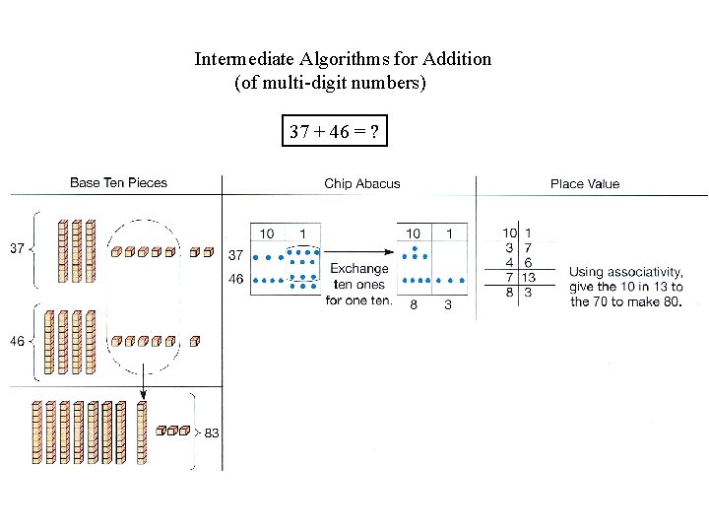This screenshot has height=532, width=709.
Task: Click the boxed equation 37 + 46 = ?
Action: point(335,131)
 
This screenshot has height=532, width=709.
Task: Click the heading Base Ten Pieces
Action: point(118,182)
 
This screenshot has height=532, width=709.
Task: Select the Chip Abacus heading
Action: point(362,183)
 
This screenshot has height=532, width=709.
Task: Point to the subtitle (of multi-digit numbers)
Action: point(330,84)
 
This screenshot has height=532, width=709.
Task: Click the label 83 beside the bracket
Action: point(212,432)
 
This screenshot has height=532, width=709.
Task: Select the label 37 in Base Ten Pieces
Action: point(18,248)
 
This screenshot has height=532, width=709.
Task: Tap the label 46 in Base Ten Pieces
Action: point(18,341)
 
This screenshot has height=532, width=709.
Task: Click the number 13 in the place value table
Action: point(529,278)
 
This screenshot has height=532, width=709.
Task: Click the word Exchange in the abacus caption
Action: point(358,268)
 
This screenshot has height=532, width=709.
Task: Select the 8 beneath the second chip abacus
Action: point(414,304)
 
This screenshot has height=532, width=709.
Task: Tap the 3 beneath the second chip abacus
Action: point(448,304)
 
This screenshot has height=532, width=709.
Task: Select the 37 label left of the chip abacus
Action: point(236,254)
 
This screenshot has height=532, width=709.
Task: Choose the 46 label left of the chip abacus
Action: point(236,279)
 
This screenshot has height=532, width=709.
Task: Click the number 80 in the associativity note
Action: point(670,301)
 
